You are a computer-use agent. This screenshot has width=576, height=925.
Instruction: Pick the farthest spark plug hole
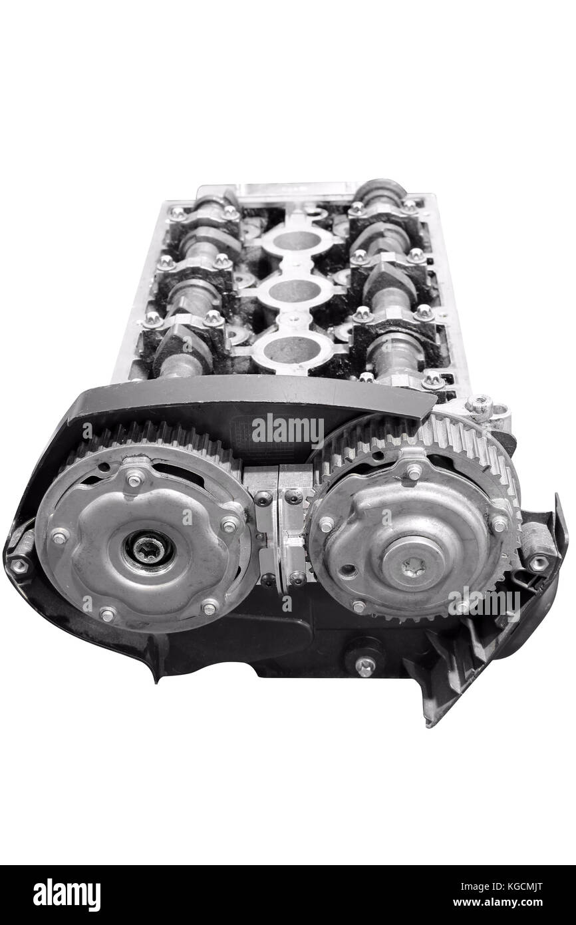pyautogui.click(x=297, y=240)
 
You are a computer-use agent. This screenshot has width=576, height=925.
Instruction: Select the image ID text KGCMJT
pyautogui.click(x=526, y=887)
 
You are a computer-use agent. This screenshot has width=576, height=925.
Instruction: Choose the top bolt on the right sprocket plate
pyautogui.click(x=413, y=472)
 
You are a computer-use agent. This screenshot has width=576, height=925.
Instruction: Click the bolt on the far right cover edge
pyautogui.click(x=538, y=562)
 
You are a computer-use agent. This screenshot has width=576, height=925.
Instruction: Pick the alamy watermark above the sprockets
pyautogui.click(x=287, y=431)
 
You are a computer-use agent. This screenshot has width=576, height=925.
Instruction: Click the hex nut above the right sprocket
pyautogui.click(x=479, y=403)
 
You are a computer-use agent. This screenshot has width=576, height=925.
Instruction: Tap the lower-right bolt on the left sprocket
pyautogui.click(x=210, y=606)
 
